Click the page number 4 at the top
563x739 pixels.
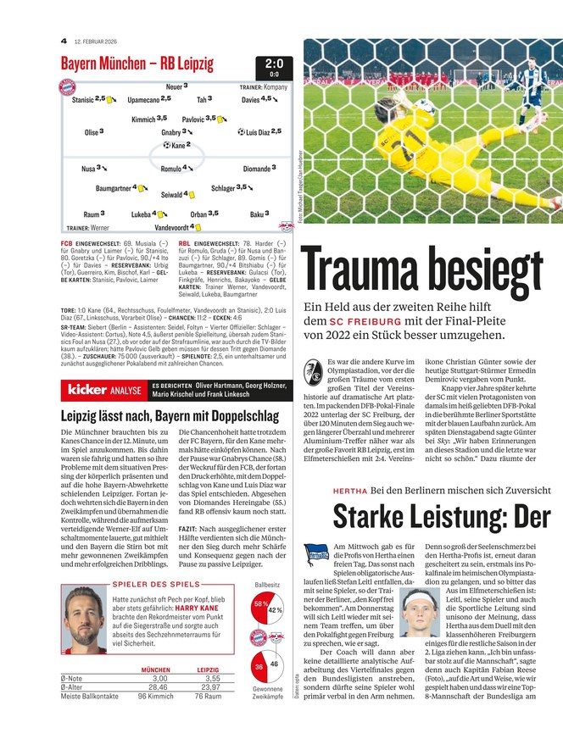64,41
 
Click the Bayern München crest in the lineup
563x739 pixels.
67,87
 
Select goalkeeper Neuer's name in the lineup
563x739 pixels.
174,86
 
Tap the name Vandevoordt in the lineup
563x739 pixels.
172,227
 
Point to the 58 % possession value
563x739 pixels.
260,603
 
